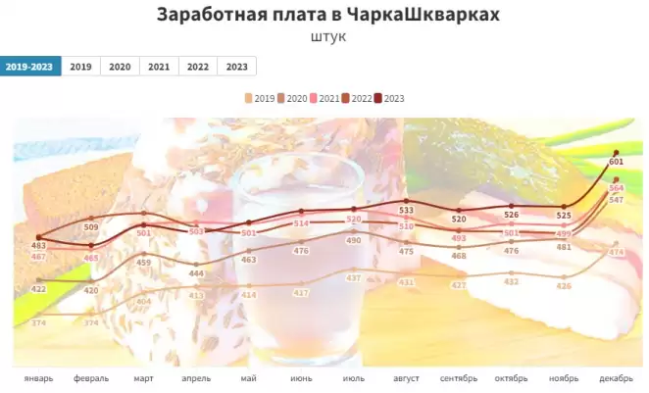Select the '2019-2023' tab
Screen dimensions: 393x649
[x=30, y=67]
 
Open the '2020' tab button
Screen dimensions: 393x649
[x=120, y=67]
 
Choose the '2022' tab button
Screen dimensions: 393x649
[x=198, y=67]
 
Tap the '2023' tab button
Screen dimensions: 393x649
[x=236, y=67]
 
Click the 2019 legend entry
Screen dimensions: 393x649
[x=259, y=98]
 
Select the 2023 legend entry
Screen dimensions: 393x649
[x=389, y=98]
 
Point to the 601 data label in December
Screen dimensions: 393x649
[x=617, y=162]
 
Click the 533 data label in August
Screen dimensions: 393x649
[x=407, y=210]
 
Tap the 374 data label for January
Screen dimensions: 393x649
[x=39, y=323]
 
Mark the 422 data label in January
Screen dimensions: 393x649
[x=39, y=289]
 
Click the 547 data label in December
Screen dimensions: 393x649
[x=617, y=200]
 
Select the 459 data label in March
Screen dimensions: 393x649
[x=144, y=263]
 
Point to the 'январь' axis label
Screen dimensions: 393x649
[x=39, y=376]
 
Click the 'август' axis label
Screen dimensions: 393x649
[x=407, y=376]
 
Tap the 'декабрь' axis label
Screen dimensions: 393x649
[x=617, y=376]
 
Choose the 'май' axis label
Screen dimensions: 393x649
[x=249, y=376]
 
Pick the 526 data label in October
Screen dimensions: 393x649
[x=512, y=215]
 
